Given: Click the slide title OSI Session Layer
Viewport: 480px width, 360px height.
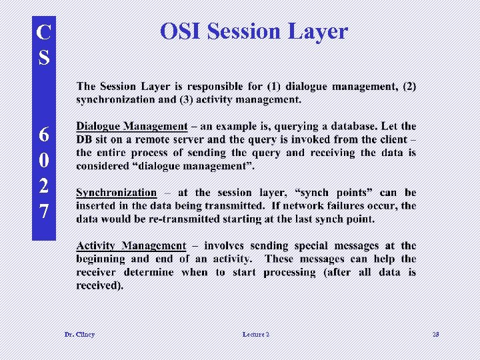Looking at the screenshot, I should pos(254,31).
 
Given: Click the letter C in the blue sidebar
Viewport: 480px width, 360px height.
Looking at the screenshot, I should pos(44,32).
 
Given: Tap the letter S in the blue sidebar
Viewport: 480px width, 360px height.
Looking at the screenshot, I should pos(44,58).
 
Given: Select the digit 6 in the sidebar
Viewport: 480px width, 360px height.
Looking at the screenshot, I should pos(44,134).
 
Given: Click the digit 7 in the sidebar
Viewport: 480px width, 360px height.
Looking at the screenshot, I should pos(44,212).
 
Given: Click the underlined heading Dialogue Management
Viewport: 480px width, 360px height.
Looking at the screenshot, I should pos(131,126).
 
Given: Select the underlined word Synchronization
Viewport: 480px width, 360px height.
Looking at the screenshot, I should pos(116,193).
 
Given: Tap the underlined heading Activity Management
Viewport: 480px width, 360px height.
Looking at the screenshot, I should pos(131,246).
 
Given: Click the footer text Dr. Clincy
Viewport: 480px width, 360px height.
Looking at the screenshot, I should pos(79,334).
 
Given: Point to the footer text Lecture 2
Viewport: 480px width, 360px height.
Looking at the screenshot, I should pos(256,334).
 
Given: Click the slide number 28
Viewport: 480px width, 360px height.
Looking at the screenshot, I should pos(436,334).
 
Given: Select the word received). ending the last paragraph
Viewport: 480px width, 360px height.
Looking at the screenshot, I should pos(100,286).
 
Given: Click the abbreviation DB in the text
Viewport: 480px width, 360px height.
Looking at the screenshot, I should pos(85,139).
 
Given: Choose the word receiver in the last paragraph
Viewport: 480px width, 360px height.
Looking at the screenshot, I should pos(101,273).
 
